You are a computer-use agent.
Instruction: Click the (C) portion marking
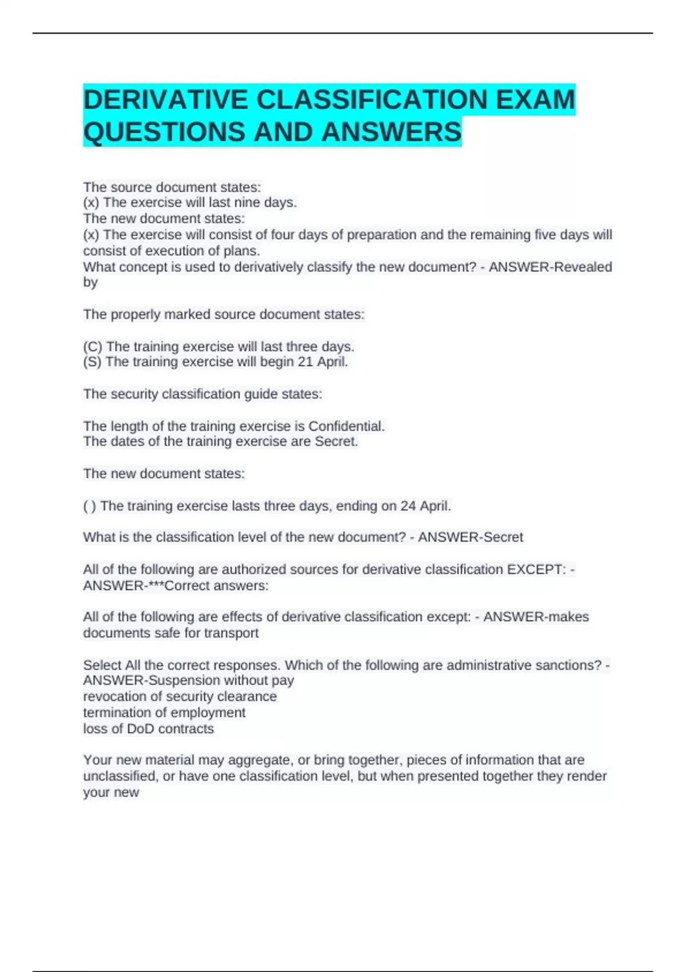click(x=93, y=346)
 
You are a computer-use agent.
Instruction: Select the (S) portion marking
click(x=92, y=362)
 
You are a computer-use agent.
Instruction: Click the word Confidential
click(x=346, y=426)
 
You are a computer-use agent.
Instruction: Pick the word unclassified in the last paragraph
click(x=120, y=776)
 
